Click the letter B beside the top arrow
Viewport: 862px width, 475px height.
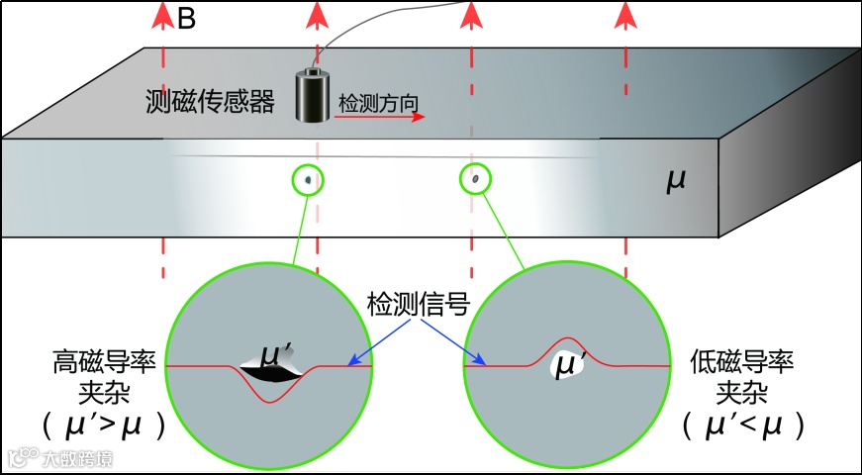point(186,19)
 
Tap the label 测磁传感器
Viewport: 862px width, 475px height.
point(209,101)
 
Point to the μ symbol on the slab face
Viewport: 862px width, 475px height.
point(676,181)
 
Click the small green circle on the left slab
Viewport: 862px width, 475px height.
point(309,180)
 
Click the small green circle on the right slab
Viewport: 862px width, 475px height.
point(477,179)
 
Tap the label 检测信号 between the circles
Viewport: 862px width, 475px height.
point(418,304)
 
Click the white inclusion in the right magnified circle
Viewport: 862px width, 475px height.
point(566,364)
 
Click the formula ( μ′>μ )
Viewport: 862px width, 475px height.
point(103,425)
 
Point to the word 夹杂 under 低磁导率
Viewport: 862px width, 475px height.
point(737,392)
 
